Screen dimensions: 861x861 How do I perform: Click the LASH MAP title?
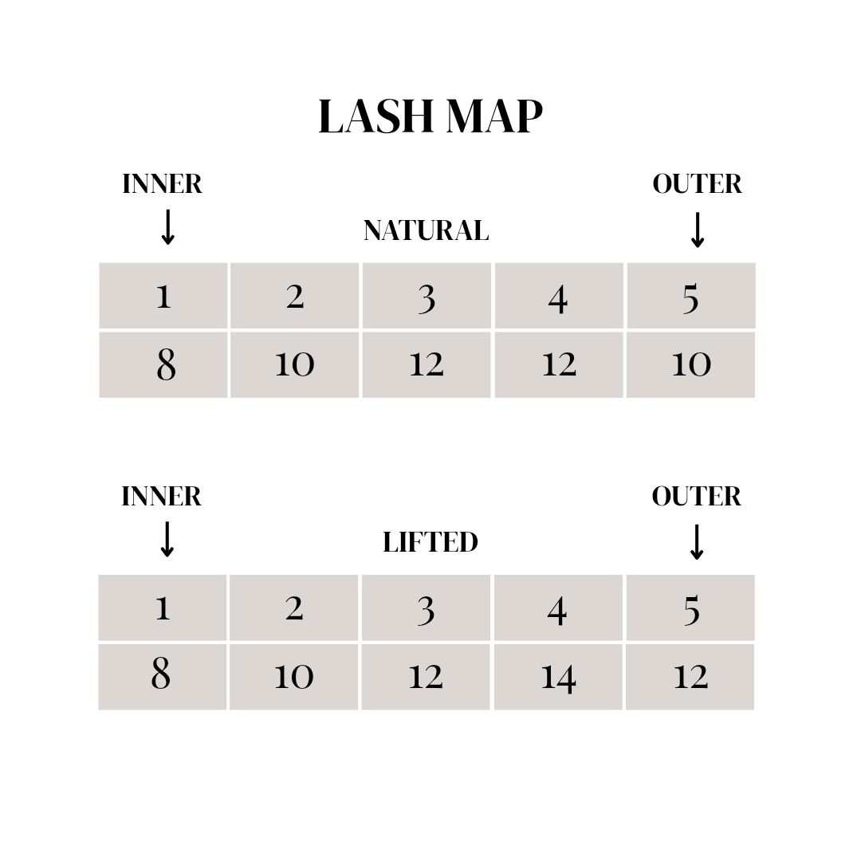click(x=430, y=117)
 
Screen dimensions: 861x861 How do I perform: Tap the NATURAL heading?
click(x=426, y=230)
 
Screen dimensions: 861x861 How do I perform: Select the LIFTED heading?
click(x=430, y=542)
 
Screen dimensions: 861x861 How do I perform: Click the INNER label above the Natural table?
click(x=162, y=184)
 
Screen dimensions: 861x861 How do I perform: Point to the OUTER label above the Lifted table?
click(x=696, y=497)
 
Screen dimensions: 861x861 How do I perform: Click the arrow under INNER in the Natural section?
click(x=167, y=228)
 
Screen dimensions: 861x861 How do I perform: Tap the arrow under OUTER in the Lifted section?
click(x=697, y=542)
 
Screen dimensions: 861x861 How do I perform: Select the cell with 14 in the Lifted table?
click(x=558, y=677)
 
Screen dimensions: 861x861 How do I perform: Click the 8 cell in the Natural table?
click(x=163, y=364)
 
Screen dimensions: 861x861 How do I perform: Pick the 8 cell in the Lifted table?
click(x=162, y=676)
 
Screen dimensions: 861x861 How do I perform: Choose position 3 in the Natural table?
click(x=427, y=296)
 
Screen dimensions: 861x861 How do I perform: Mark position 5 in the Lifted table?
click(x=690, y=608)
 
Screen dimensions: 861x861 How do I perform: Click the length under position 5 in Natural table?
click(x=690, y=364)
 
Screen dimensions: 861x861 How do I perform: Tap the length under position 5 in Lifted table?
click(x=690, y=677)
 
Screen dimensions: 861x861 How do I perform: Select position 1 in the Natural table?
click(x=163, y=296)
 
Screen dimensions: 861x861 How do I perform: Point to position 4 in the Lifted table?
click(x=557, y=608)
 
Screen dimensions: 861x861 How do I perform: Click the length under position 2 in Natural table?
click(x=294, y=364)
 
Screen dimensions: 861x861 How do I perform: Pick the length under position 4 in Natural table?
click(x=558, y=364)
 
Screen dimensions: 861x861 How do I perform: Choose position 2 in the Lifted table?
click(x=294, y=608)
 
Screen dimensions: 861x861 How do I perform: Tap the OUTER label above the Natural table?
click(x=697, y=184)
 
